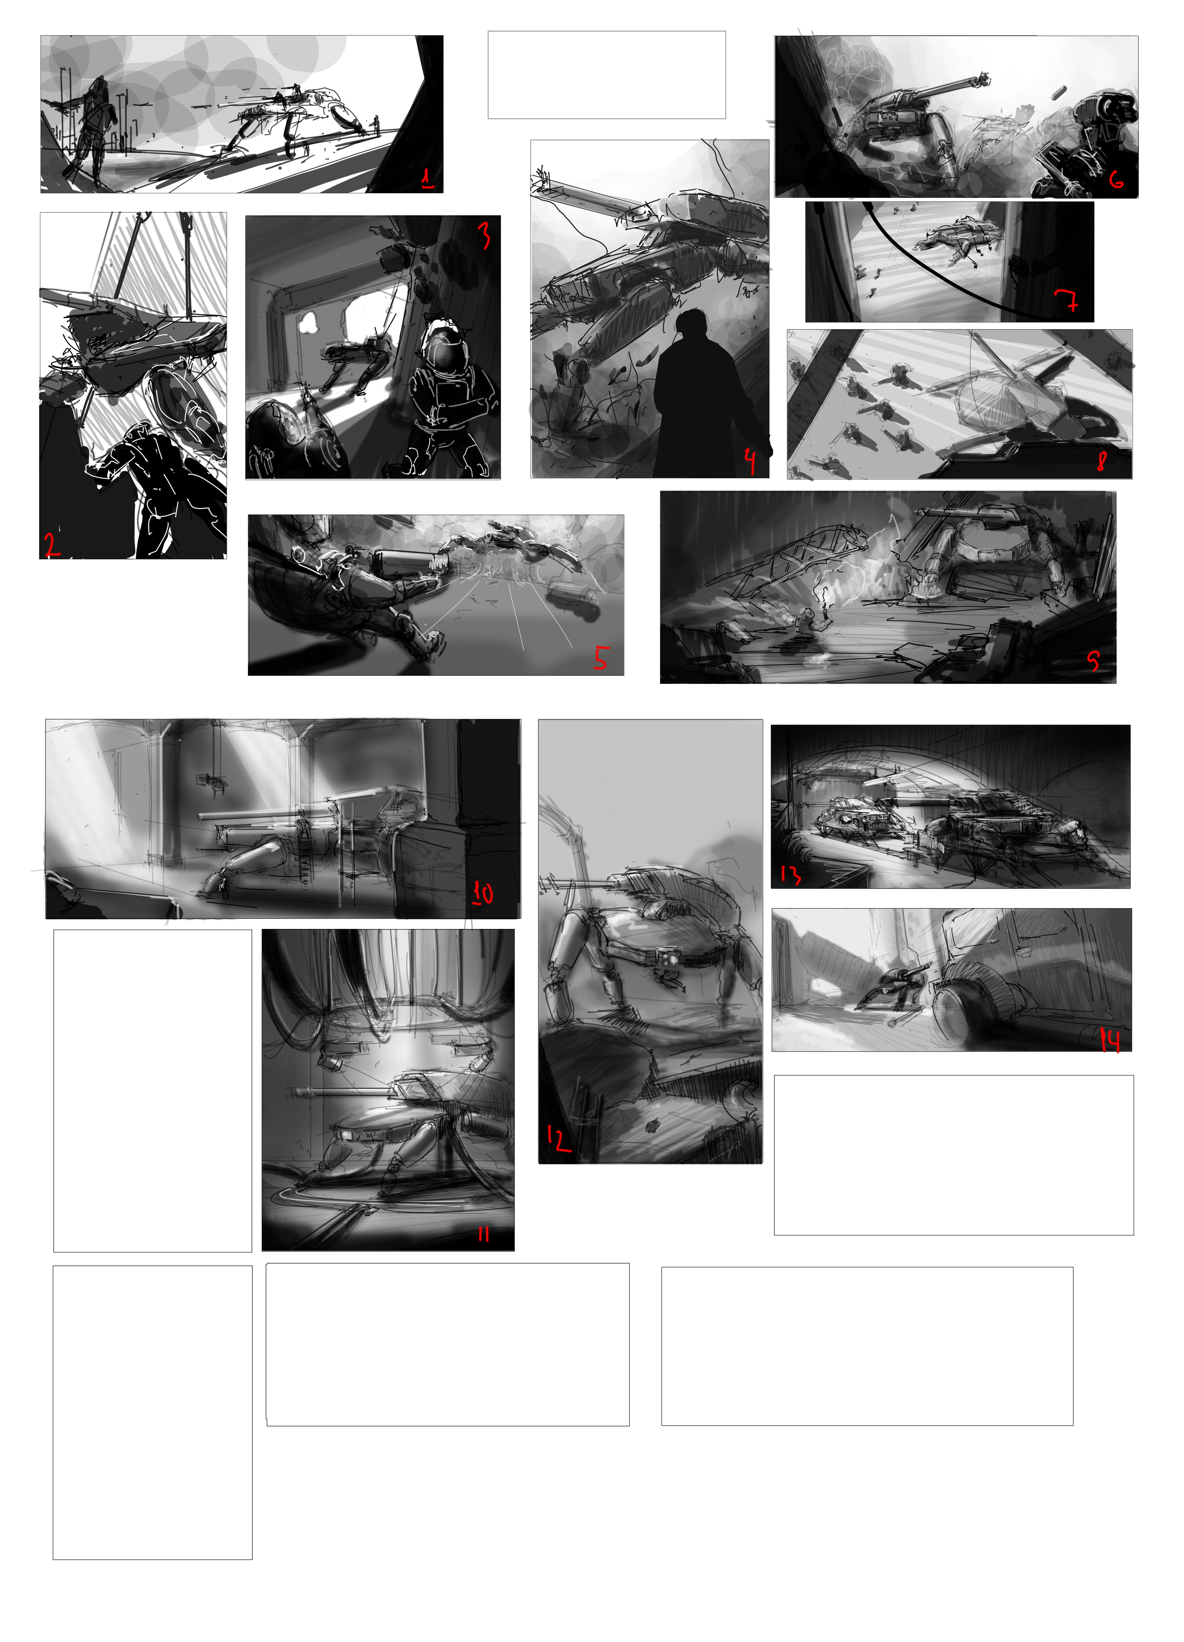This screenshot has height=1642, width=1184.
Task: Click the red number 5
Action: (x=601, y=658)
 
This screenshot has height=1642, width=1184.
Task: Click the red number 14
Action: (x=1110, y=1040)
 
